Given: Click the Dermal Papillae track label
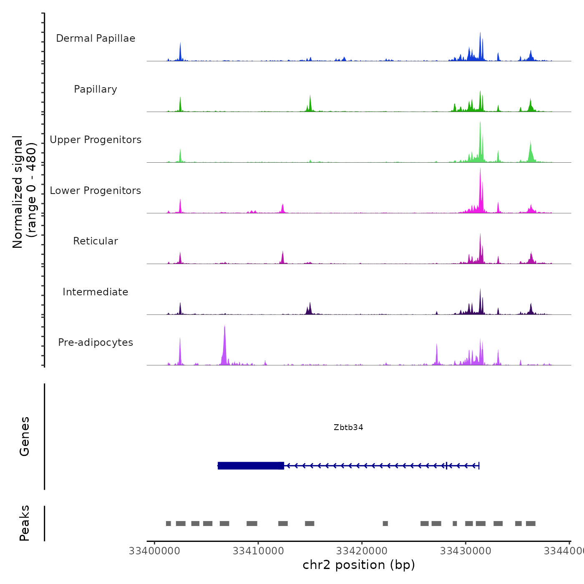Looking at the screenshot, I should click(x=96, y=38).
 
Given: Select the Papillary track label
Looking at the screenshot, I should click(x=96, y=89).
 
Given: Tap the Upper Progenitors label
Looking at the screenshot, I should click(x=96, y=140).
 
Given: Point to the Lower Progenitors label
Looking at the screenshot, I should click(x=96, y=191).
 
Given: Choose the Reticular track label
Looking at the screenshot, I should click(x=96, y=241).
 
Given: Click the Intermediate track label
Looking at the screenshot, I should click(x=96, y=292).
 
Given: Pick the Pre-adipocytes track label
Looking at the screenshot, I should click(x=96, y=342).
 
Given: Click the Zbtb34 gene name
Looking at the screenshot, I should click(x=348, y=427).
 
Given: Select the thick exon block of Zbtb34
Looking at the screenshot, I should click(x=251, y=466).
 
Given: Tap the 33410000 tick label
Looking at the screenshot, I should click(x=258, y=551).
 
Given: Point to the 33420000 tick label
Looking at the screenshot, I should click(x=362, y=551).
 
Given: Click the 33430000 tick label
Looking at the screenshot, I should click(x=466, y=551).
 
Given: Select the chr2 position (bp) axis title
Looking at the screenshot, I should click(x=359, y=565).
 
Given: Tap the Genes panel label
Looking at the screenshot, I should click(x=25, y=436).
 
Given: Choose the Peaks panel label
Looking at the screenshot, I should click(x=25, y=523).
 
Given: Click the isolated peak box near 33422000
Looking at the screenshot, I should click(x=385, y=524).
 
